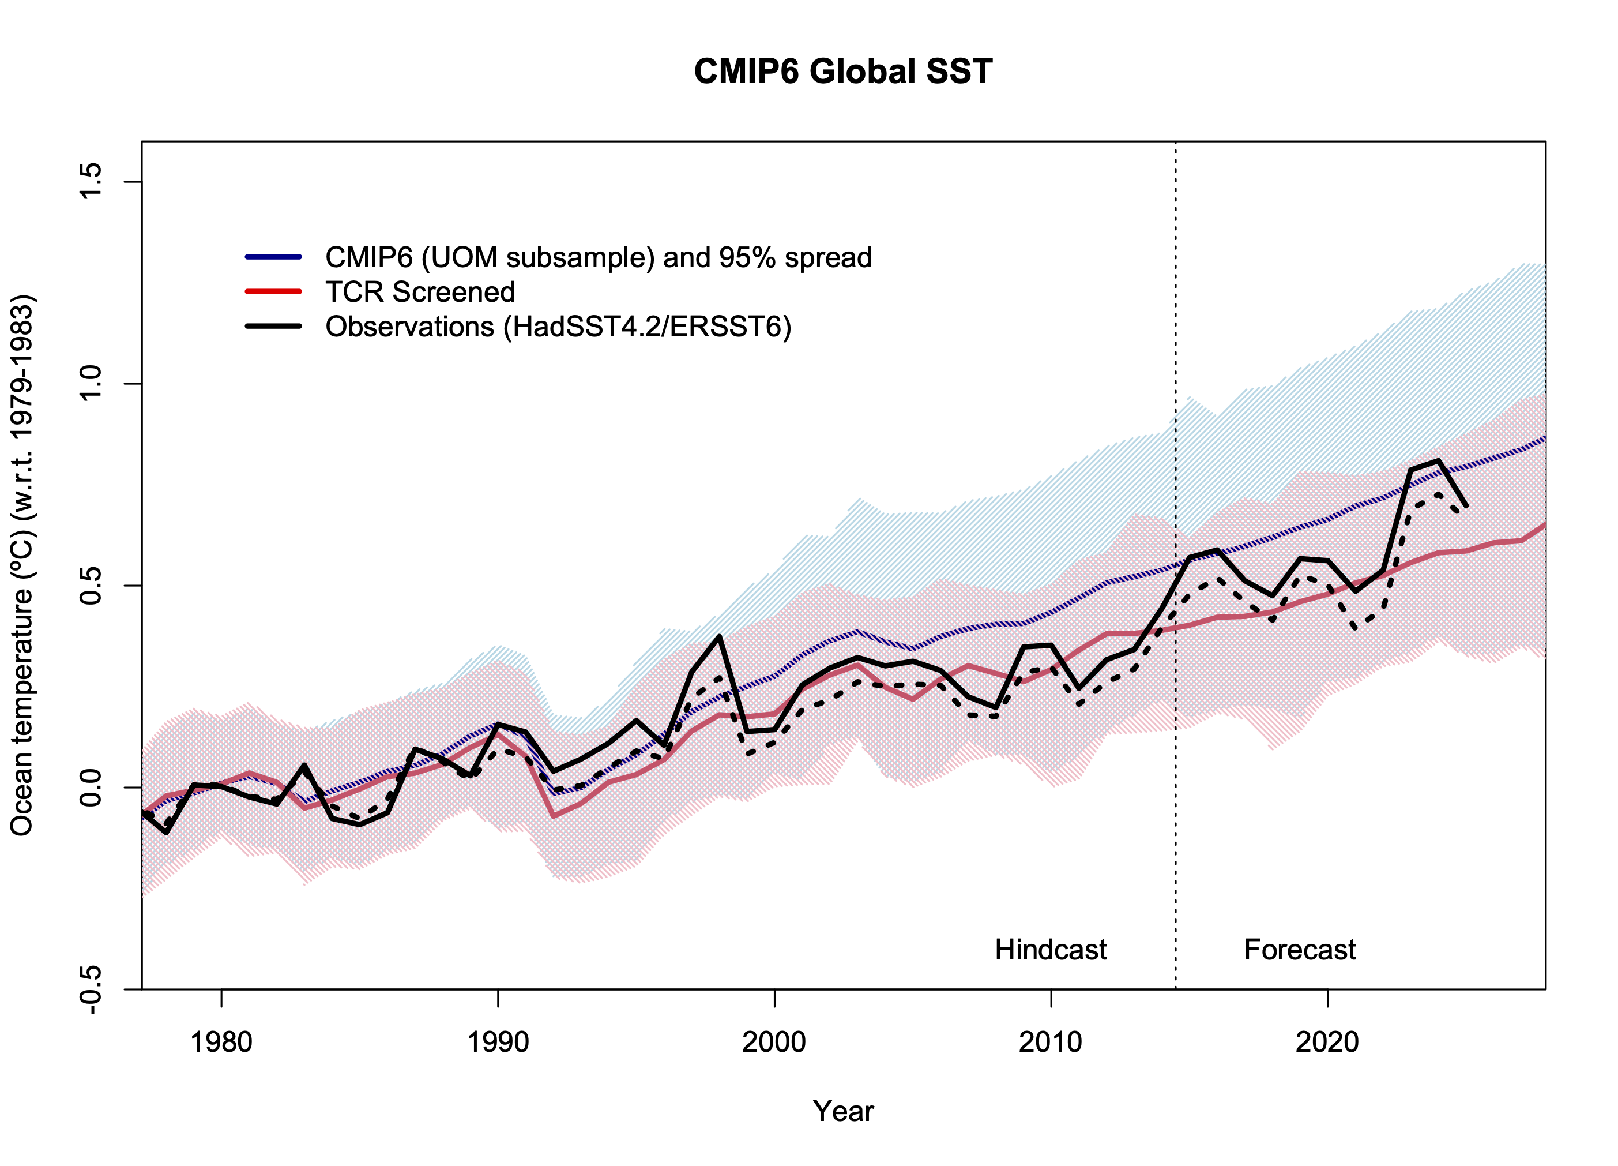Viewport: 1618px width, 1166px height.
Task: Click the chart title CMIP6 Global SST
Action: point(842,72)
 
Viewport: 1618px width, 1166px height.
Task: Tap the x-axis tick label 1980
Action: point(221,1043)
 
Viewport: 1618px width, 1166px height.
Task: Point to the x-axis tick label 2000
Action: point(774,1043)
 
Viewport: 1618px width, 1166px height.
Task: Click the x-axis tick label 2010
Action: point(1050,1043)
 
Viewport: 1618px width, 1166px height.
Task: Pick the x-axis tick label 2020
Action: point(1327,1043)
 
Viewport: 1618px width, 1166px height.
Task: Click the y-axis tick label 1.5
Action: point(91,181)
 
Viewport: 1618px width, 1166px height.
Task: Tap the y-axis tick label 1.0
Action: point(91,383)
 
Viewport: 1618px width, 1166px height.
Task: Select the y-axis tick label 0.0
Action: point(91,787)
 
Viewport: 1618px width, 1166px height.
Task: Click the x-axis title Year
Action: point(842,1112)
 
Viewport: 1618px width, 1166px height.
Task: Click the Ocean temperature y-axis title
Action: point(23,564)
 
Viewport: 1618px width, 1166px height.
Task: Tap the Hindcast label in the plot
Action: point(1050,950)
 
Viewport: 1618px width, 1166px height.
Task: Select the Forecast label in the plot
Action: point(1299,950)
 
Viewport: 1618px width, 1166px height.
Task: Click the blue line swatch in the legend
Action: point(273,257)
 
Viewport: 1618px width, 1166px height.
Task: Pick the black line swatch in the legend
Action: point(273,326)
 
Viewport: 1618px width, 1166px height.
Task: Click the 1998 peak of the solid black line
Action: point(719,636)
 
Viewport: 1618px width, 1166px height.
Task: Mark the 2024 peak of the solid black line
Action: point(1438,460)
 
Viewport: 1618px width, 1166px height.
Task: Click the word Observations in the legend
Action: point(409,327)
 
